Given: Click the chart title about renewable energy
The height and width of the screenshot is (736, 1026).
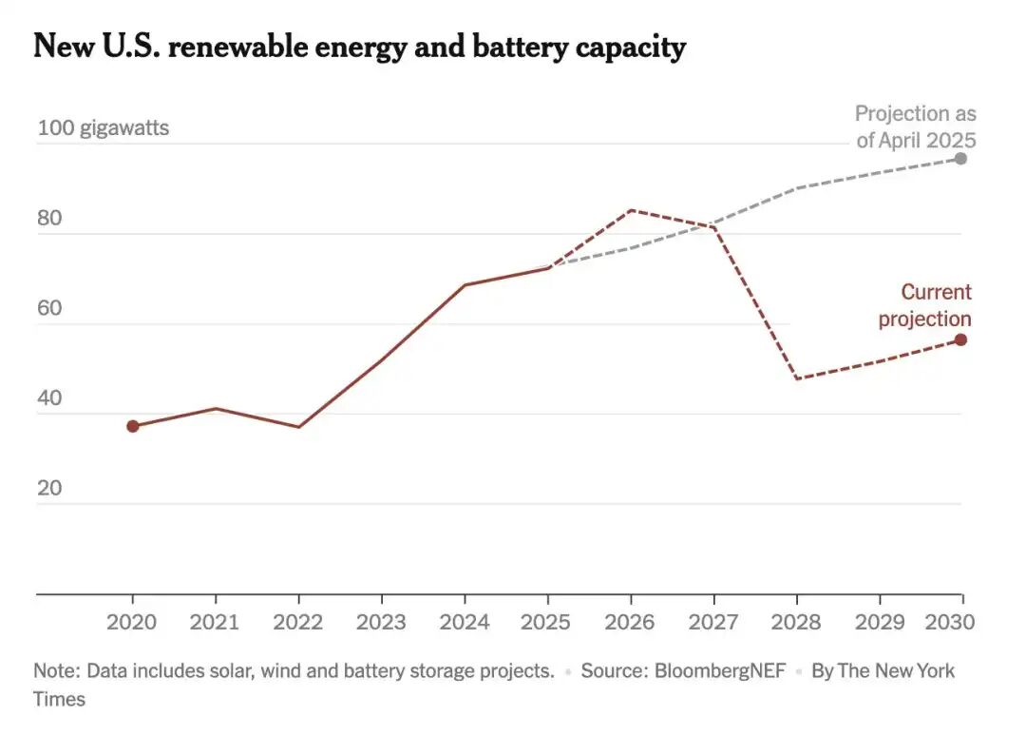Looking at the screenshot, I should click(359, 46).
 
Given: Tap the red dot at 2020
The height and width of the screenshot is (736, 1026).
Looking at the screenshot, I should click(133, 426).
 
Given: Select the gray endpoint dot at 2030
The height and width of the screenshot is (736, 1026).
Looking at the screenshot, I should click(960, 158).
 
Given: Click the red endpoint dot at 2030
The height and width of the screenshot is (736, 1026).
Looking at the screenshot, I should click(960, 339).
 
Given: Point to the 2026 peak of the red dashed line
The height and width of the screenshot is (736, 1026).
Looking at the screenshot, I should click(631, 210).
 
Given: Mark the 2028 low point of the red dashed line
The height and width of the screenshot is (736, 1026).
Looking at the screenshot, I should click(796, 378).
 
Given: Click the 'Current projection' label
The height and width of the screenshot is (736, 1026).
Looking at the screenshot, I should click(924, 305).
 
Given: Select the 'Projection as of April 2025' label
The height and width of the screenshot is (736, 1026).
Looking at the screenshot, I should click(915, 126).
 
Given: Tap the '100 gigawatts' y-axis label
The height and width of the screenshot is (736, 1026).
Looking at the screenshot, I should click(104, 127).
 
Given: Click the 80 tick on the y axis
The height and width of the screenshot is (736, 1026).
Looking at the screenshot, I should click(49, 218).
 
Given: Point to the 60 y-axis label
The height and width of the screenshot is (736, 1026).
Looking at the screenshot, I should click(49, 308).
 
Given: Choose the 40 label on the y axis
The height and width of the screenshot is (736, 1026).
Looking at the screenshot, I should click(49, 398).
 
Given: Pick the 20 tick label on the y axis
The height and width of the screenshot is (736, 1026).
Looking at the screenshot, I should click(49, 489).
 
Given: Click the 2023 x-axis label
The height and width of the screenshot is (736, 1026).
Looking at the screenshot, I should click(381, 622).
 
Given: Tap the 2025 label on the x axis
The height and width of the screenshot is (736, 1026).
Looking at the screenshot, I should click(546, 622).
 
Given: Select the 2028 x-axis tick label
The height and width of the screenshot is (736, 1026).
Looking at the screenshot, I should click(796, 622).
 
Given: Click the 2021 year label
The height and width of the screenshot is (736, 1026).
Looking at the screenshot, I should click(216, 622).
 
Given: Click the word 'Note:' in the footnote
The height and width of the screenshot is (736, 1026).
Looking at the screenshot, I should click(56, 670).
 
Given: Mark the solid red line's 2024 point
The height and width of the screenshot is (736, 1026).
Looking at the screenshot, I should click(465, 284).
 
